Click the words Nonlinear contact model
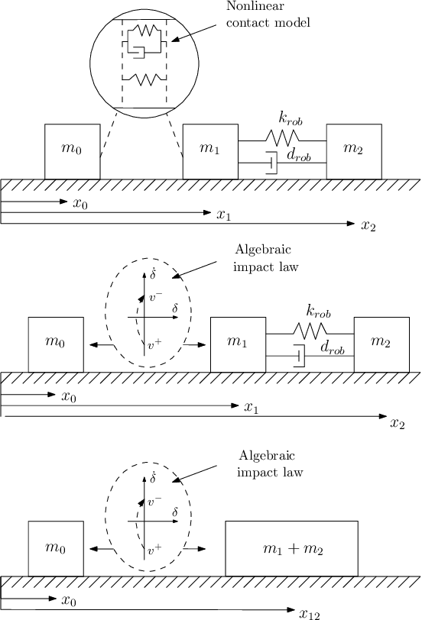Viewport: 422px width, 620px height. (x=268, y=15)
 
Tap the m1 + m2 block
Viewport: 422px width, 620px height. (x=291, y=548)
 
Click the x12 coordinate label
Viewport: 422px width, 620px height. (x=308, y=613)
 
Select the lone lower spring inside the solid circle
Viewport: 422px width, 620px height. (x=144, y=79)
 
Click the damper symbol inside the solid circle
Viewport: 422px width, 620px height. (x=137, y=50)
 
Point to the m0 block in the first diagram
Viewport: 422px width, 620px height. (x=72, y=151)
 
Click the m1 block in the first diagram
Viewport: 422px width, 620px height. (x=210, y=151)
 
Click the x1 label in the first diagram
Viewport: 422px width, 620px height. (x=223, y=215)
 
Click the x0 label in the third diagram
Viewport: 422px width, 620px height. (x=69, y=602)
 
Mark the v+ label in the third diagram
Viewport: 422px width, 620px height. (x=154, y=548)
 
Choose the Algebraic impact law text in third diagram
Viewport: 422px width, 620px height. (x=270, y=463)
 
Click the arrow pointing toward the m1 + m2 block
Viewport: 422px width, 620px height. (x=196, y=548)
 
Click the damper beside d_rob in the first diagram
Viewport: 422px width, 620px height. (x=270, y=163)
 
